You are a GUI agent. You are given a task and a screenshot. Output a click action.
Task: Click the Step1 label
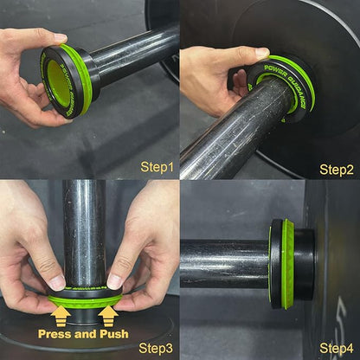[157, 164]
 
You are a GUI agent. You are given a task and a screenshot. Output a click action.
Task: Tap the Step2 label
[337, 170]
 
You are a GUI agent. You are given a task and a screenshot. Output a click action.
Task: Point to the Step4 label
[337, 348]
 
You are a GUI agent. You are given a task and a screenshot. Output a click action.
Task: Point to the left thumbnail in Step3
[56, 282]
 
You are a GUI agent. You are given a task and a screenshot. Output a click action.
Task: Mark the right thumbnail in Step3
[115, 281]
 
